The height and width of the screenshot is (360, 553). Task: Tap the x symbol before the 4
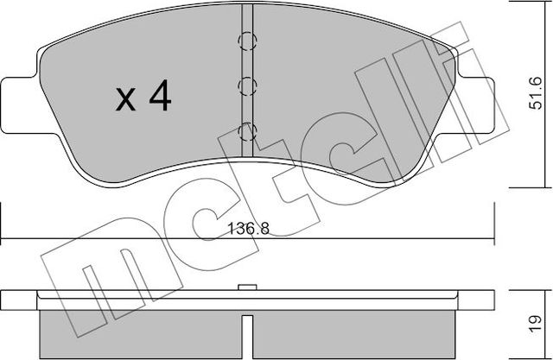126,101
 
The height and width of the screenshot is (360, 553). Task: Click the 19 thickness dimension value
536,326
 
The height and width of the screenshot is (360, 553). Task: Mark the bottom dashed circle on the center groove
248,131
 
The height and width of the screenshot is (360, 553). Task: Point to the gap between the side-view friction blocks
248,337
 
